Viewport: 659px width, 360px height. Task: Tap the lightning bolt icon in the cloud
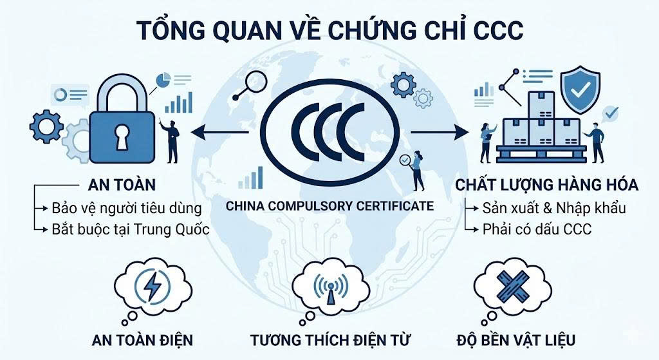coord(153,288)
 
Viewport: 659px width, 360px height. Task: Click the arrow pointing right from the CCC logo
coord(440,133)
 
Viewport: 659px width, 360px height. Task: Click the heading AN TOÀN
coord(122,185)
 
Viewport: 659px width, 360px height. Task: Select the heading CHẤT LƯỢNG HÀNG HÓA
coord(547,185)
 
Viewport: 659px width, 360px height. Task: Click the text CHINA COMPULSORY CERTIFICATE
coord(329,206)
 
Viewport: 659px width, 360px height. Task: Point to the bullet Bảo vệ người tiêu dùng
coord(127,208)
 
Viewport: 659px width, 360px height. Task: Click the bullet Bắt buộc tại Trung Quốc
coord(131,229)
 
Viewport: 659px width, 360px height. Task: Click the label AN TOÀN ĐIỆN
coord(142,339)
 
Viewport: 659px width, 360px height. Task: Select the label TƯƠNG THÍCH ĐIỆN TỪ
coord(330,339)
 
